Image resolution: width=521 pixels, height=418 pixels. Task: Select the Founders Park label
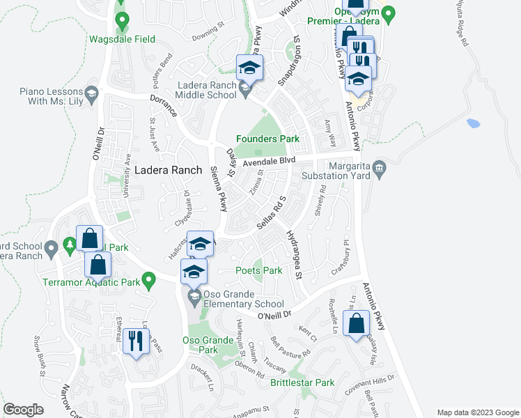pos(267,139)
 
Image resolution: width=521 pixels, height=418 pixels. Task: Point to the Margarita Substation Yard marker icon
pos(379,167)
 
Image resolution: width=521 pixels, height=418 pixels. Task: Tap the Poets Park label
pos(258,270)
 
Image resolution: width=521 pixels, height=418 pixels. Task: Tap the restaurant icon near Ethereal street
pos(135,341)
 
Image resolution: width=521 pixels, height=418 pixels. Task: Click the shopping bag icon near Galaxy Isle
pos(356,323)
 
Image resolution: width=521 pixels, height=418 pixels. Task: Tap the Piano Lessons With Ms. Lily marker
pos(91,93)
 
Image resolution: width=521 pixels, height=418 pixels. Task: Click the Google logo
pos(22,410)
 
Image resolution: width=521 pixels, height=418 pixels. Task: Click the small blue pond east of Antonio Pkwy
pos(474,124)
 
